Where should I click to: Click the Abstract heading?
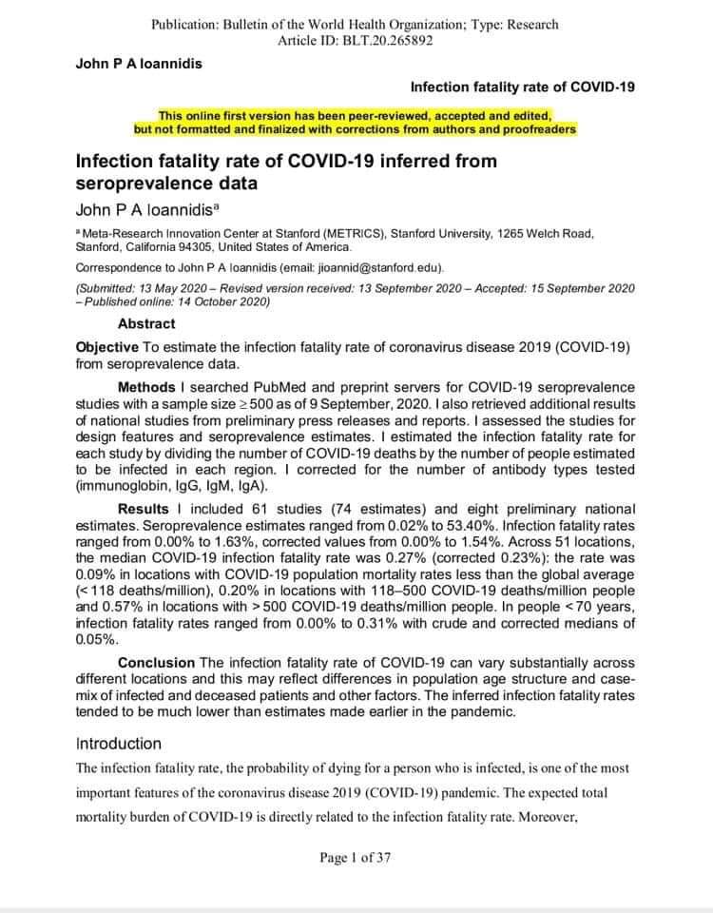pyautogui.click(x=146, y=323)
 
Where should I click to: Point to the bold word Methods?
pyautogui.click(x=146, y=387)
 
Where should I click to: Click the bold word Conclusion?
pyautogui.click(x=157, y=663)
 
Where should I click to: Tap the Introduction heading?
pyautogui.click(x=119, y=744)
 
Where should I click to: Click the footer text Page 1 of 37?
pyautogui.click(x=356, y=858)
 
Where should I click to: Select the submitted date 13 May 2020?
pyautogui.click(x=178, y=287)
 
